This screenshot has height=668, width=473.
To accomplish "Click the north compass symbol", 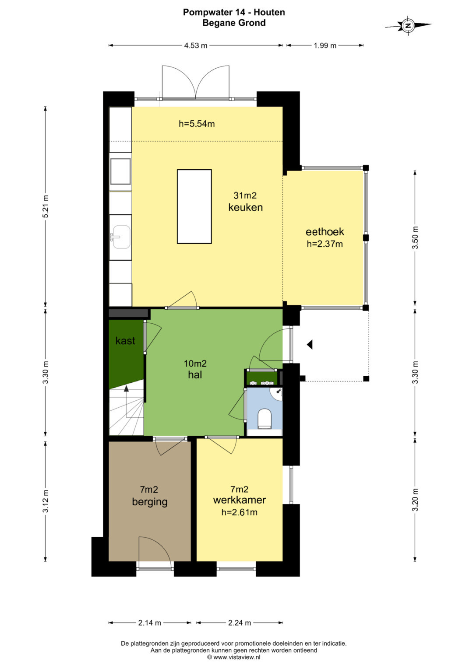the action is [408, 25].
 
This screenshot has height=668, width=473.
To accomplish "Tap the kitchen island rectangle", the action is [194, 206].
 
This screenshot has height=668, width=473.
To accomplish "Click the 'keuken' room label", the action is [245, 207].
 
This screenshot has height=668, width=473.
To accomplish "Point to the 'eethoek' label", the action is [325, 232].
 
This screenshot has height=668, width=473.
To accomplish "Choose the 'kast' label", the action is [125, 340].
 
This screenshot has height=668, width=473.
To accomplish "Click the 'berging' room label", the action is [150, 502].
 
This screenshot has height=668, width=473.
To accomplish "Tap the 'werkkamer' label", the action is [240, 500].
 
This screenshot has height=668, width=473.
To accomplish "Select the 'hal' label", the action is [195, 374].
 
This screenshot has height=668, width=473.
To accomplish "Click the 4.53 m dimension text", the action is [196, 45].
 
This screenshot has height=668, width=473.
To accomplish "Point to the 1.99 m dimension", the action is [325, 45].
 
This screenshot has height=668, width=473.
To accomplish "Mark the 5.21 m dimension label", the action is [46, 206].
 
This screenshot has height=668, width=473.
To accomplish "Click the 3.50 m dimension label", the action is [415, 238].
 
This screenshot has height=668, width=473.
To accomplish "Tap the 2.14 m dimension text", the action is [150, 623].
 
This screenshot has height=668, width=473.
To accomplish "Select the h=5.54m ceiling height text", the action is [197, 124].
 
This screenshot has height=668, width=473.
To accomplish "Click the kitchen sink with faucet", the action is [120, 237].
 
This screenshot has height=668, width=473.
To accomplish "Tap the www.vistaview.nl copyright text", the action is [234, 657].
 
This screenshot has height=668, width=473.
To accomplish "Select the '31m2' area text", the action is [245, 196].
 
